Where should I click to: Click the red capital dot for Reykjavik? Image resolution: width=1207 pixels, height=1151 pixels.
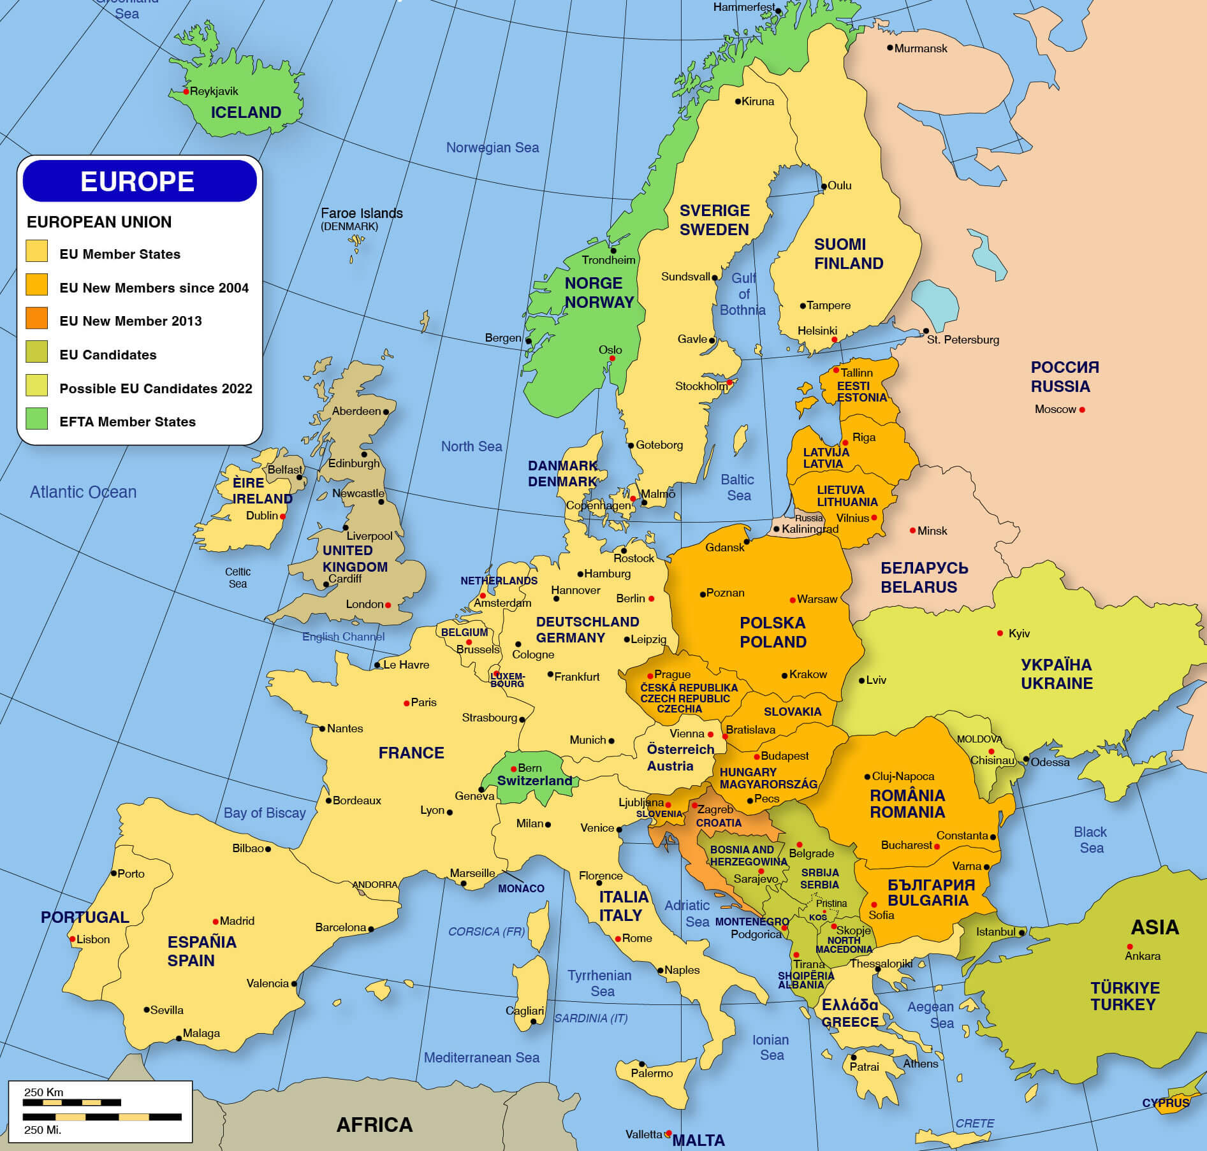[186, 92]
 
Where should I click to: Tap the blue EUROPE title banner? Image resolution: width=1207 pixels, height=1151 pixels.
[140, 182]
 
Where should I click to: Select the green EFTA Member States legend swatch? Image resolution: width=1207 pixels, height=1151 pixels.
[37, 419]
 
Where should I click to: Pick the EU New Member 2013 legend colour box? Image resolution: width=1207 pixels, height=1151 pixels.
[37, 318]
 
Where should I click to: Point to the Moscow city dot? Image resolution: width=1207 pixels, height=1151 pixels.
[1082, 410]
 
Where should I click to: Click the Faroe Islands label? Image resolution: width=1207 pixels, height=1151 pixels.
[362, 214]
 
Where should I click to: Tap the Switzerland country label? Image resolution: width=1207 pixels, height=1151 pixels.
[534, 781]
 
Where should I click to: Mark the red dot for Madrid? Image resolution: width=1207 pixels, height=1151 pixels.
[216, 922]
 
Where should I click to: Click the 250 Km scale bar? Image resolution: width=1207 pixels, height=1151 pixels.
[71, 1103]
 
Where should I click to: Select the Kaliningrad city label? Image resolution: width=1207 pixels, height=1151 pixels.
[810, 529]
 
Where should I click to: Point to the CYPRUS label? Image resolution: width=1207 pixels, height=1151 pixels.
[1166, 1103]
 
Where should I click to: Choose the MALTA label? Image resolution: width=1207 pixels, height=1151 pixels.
[698, 1140]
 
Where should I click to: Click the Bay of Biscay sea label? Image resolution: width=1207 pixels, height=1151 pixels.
[265, 813]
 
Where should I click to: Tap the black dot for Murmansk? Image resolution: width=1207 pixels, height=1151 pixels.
[890, 48]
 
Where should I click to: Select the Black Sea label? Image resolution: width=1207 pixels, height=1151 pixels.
[1090, 840]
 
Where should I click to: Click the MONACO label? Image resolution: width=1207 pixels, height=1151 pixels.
[521, 888]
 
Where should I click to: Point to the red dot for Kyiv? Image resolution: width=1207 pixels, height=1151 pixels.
[1000, 633]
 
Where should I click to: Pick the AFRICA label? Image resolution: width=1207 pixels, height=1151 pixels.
[374, 1125]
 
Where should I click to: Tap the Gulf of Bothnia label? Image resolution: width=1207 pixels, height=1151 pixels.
[743, 294]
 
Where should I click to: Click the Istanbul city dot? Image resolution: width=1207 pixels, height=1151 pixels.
[1021, 932]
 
